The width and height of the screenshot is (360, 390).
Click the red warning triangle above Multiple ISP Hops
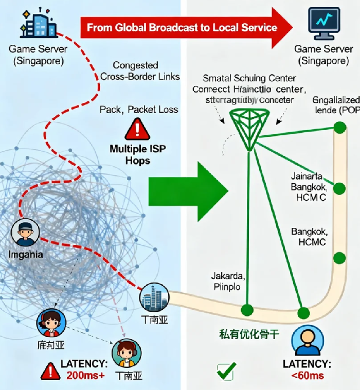(x=137, y=129)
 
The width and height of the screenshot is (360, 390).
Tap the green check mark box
(x=226, y=371)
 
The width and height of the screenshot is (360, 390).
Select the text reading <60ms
(x=308, y=376)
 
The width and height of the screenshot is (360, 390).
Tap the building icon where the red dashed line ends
(x=154, y=298)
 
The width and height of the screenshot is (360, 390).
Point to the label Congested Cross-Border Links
(x=140, y=71)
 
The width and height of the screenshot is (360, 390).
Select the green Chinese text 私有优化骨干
(x=246, y=334)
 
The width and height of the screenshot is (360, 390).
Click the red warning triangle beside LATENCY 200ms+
(x=50, y=370)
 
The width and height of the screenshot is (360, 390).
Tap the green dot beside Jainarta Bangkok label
(x=339, y=186)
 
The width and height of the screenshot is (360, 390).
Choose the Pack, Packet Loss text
(x=139, y=110)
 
